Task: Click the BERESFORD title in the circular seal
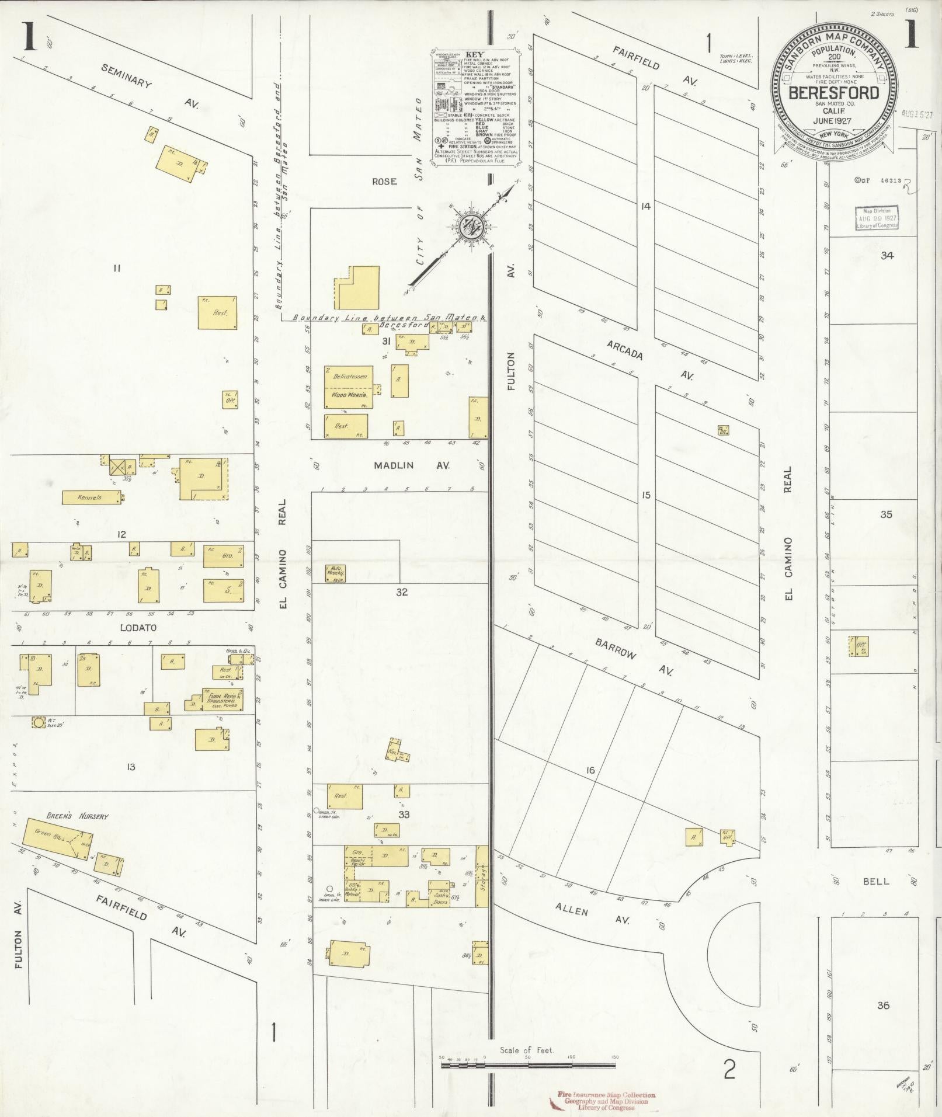tap(833, 93)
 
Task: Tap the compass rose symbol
tap(469, 227)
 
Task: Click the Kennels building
tap(92, 497)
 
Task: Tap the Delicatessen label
tap(349, 377)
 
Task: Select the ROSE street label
tap(384, 182)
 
